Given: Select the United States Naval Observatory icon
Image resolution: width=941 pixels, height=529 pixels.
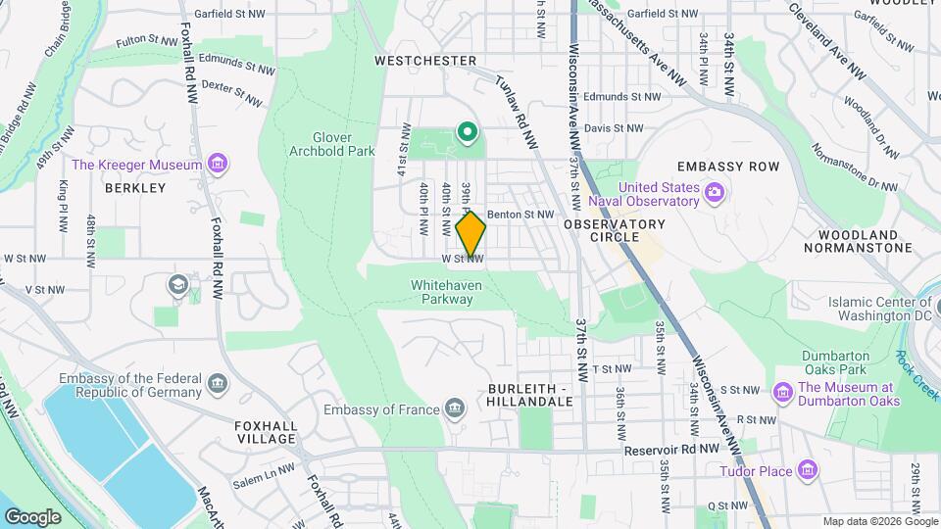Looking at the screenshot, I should (714, 194).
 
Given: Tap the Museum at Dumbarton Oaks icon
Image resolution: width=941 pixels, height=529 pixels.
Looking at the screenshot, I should (783, 393).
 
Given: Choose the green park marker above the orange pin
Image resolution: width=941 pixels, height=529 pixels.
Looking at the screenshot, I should (469, 131).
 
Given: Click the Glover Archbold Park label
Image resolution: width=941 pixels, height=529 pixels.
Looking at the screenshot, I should (332, 144).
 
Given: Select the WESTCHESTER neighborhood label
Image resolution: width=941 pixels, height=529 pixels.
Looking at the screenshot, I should (425, 61).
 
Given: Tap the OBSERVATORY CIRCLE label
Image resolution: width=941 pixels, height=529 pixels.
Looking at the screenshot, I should (615, 231).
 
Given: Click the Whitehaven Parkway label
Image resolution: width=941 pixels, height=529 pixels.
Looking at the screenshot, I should (442, 292).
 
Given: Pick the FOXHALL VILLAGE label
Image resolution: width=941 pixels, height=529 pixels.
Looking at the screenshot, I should (265, 432).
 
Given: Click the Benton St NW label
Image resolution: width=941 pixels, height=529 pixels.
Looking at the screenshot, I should (520, 214).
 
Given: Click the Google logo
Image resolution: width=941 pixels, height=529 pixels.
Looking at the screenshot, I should (31, 516).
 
